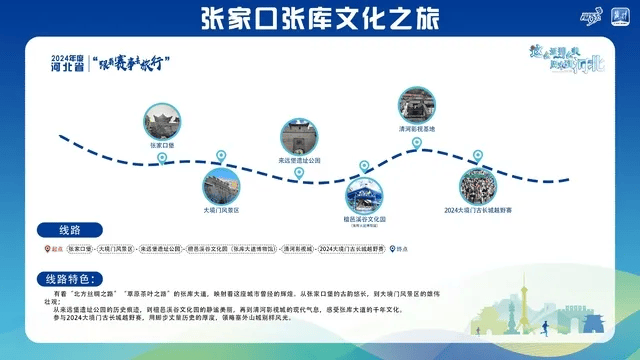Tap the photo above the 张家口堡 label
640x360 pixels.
point(161,120)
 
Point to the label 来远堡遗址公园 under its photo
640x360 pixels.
point(299,160)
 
